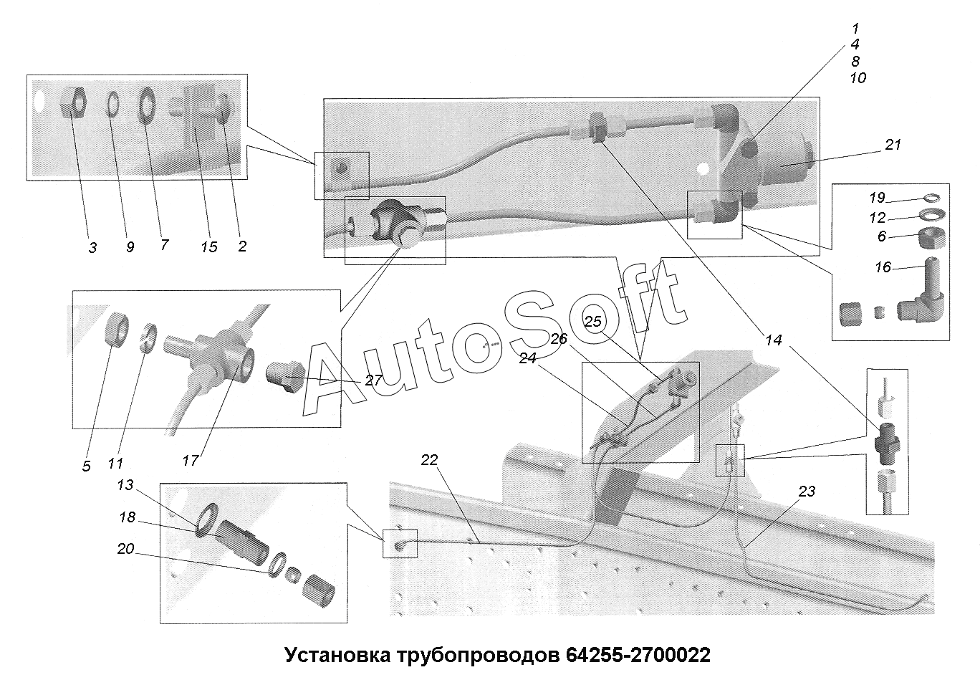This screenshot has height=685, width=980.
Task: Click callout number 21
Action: click(x=893, y=145)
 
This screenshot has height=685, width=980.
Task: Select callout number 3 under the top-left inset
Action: click(x=92, y=247)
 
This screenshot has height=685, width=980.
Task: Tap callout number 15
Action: click(x=208, y=247)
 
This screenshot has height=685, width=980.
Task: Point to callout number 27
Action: click(x=373, y=380)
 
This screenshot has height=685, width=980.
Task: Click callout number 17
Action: click(x=190, y=461)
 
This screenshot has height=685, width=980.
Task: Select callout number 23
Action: click(x=807, y=492)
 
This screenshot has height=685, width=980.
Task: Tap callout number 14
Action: click(x=774, y=340)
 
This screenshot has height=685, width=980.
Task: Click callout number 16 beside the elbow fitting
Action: click(x=883, y=267)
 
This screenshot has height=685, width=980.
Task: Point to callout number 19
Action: click(x=877, y=197)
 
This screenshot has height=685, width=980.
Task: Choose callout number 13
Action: click(x=125, y=485)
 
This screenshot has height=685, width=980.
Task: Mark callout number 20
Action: click(x=125, y=549)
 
